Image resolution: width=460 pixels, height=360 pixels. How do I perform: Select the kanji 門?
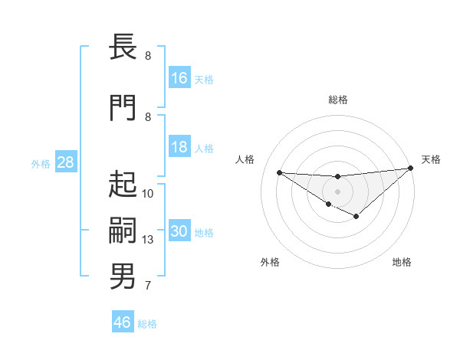click(123, 108)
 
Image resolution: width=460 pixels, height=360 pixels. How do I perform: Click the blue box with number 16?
click(179, 77)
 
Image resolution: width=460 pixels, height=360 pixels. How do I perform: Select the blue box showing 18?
click(179, 147)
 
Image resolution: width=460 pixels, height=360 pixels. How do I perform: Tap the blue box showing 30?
click(179, 231)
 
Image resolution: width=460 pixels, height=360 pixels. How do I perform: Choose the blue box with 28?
click(64, 162)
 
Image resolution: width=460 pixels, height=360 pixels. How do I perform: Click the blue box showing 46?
click(123, 322)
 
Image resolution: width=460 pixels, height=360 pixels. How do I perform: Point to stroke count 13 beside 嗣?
click(148, 240)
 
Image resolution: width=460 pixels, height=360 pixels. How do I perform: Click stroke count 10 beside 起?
click(148, 194)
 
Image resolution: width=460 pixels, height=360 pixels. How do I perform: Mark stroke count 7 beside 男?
click(148, 286)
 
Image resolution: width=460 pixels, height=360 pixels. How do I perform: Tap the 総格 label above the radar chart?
click(338, 100)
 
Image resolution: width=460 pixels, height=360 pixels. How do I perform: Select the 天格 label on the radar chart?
click(432, 159)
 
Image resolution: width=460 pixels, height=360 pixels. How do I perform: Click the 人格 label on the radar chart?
click(245, 159)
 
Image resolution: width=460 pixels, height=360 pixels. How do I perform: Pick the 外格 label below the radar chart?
click(270, 262)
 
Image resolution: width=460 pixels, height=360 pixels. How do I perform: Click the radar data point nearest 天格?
click(411, 168)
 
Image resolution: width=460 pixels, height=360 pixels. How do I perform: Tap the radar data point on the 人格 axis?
click(279, 172)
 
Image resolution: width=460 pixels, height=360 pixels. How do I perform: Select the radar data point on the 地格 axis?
click(356, 217)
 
